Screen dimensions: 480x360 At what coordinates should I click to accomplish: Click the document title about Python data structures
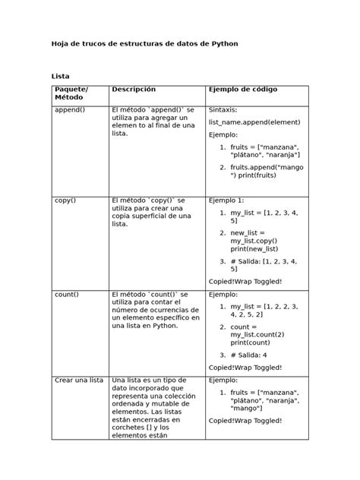144,44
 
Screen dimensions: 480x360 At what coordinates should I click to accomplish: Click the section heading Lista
60,76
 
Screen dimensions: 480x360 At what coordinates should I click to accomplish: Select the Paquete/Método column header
71,94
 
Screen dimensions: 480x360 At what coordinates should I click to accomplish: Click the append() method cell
70,110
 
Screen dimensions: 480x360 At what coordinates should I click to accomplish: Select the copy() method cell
65,200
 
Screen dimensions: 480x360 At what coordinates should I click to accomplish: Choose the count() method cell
67,294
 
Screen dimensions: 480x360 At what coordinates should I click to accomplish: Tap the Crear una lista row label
79,380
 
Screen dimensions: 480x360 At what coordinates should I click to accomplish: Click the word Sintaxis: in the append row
227,110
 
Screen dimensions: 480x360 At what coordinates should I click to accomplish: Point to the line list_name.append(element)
248,122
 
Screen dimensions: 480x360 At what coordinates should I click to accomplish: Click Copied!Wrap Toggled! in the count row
245,367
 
